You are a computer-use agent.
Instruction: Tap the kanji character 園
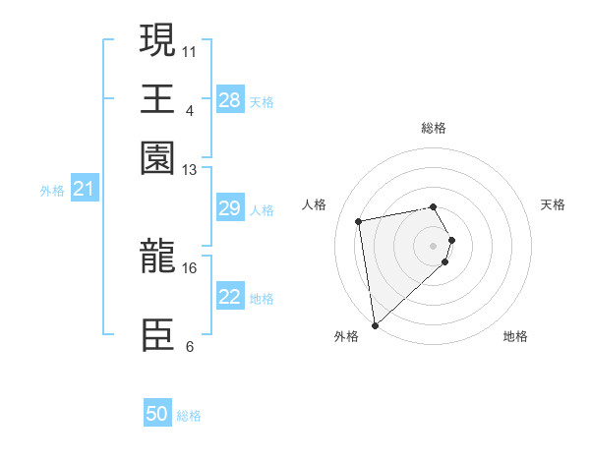tap(158, 156)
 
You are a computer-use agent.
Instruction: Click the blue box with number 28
tap(230, 100)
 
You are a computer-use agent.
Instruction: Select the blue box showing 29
tap(230, 208)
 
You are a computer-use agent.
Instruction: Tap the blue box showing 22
tap(230, 297)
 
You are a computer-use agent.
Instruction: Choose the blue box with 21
tap(83, 189)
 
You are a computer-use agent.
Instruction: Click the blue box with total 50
tap(157, 415)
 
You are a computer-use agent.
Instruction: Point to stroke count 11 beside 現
tap(190, 49)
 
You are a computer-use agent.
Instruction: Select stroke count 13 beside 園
tap(189, 170)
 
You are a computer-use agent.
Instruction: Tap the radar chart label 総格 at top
tap(434, 128)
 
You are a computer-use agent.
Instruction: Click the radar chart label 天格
tap(553, 204)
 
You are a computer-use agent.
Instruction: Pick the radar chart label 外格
tap(346, 336)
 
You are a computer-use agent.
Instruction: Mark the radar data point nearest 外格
tap(375, 324)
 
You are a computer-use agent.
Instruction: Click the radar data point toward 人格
tap(359, 220)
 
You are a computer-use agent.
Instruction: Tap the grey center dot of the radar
tap(434, 245)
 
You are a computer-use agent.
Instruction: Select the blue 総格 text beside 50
tap(189, 416)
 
